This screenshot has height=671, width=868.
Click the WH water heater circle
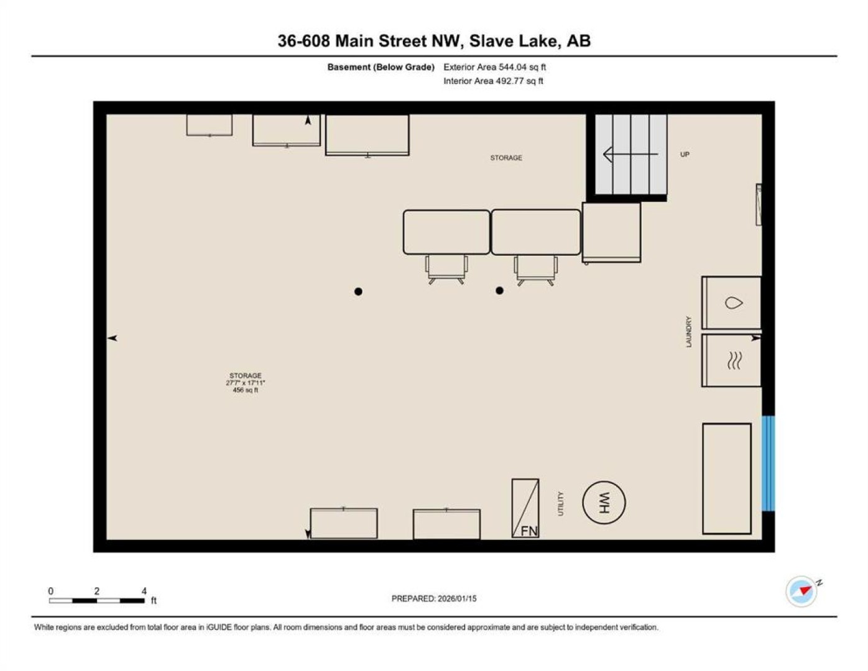point(604,503)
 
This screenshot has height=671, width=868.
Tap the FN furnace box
point(525,508)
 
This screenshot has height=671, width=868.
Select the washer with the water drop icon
point(731,303)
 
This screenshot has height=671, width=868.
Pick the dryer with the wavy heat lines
point(731,360)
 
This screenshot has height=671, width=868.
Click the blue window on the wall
point(768,463)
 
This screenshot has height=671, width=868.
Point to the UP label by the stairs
point(685,155)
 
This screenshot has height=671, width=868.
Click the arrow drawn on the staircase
point(630,155)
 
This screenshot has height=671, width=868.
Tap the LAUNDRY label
point(689,332)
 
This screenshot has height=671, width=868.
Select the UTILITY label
point(560,504)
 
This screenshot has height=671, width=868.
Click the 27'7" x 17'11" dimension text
point(245,383)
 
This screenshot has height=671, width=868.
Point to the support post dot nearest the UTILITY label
point(499,291)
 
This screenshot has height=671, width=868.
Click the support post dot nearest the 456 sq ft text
point(358,292)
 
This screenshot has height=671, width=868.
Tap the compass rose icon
point(801,591)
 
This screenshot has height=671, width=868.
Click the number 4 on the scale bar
point(144,591)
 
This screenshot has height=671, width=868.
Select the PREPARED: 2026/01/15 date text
point(434,599)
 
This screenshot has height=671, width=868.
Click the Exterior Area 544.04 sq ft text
point(494,67)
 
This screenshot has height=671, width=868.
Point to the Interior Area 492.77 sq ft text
point(493,81)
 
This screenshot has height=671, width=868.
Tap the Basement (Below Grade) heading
point(381,67)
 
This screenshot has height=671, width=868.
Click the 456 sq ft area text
point(245,390)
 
